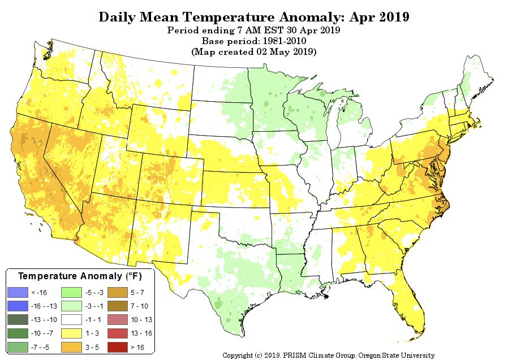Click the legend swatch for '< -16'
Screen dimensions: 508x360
point(18,292)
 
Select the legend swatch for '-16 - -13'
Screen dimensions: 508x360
point(18,306)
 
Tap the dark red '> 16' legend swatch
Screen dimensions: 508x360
point(118,347)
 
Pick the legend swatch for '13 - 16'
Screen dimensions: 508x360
point(118,333)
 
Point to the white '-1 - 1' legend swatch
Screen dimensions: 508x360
point(72,319)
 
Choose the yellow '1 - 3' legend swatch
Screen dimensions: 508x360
point(72,333)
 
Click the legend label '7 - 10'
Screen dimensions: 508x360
point(139,306)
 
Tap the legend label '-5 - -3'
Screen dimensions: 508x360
point(94,293)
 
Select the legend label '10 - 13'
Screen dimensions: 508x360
point(141,320)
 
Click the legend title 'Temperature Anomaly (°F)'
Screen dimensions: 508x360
point(80,276)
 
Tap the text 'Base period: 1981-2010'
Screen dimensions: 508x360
point(253,41)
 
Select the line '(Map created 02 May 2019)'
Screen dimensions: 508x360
point(253,52)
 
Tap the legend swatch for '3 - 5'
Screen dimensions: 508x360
point(72,347)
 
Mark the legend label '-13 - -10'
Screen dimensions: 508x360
point(44,320)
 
